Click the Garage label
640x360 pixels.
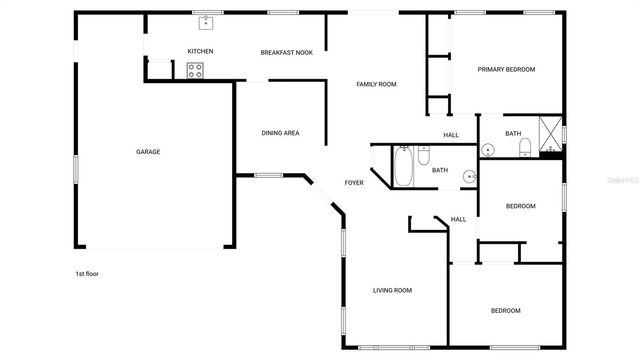148,152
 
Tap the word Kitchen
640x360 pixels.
200,52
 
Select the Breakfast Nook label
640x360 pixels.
287,52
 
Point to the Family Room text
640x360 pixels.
376,84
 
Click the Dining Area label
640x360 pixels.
280,133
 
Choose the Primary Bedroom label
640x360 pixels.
506,70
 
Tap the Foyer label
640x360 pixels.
354,183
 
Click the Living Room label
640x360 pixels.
393,291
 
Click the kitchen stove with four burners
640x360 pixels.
195,70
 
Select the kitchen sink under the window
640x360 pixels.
207,21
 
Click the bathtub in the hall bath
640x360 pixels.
403,166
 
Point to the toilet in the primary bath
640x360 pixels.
524,149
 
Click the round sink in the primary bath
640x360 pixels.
488,150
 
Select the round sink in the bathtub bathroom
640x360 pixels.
469,177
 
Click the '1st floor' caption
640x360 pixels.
87,274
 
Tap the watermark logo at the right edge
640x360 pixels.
621,182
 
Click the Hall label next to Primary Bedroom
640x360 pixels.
451,135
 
